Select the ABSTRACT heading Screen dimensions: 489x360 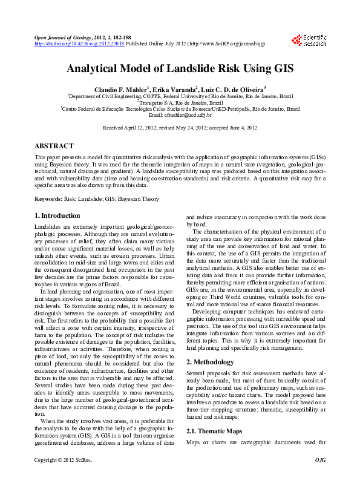(x=54, y=146)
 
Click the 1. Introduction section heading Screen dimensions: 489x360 (x=57, y=216)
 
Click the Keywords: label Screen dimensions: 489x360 (x=48, y=199)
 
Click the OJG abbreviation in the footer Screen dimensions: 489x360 (x=320, y=478)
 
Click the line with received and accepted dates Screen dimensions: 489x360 (x=180, y=128)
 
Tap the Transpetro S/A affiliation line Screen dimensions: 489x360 (x=180, y=102)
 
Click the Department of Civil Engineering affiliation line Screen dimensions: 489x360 (x=180, y=96)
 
